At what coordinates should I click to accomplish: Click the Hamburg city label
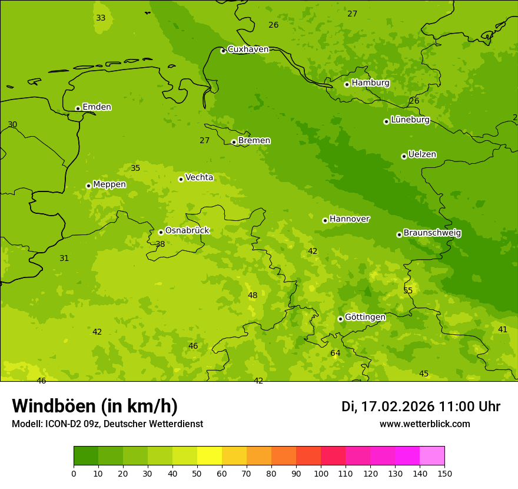coord(370,83)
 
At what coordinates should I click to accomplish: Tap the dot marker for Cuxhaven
coord(223,51)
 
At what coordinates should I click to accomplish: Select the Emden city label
coord(97,107)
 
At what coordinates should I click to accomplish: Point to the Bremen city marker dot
coord(234,142)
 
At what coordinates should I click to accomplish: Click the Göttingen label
coord(365,317)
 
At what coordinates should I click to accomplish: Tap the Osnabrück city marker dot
coord(161,232)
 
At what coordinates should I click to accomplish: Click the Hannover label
coord(349,219)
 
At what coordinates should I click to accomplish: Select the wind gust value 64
coord(335,353)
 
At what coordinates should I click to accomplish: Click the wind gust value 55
coord(408,290)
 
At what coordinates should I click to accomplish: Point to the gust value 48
coord(253,296)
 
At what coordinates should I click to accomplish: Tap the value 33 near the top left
coord(101,18)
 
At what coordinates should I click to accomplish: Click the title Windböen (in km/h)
coord(95,406)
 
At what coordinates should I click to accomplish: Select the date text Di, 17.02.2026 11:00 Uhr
coord(420,407)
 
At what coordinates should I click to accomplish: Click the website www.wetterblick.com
coord(424,424)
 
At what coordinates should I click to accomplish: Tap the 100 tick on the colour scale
coord(321,473)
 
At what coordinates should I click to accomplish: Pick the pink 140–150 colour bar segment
coord(432,456)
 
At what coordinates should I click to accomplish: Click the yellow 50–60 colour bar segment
coord(210,456)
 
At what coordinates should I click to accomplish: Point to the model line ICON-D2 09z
coord(107,424)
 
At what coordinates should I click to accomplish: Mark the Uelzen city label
coord(422,154)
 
